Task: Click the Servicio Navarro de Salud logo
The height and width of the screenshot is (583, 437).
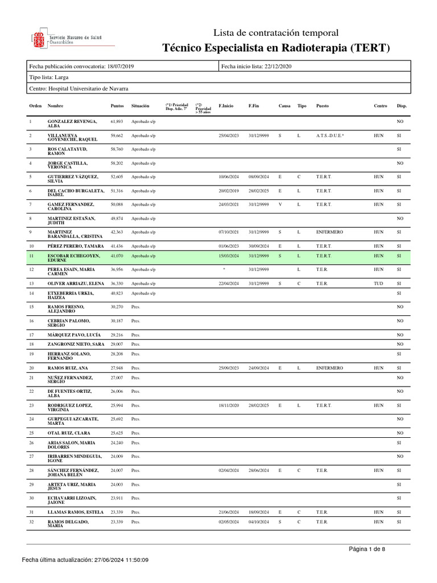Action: (x=71, y=39)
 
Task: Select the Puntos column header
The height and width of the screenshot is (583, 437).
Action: (x=116, y=106)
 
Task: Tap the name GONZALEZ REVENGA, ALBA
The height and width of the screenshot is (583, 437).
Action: (x=72, y=124)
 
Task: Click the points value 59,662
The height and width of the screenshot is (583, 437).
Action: (x=116, y=136)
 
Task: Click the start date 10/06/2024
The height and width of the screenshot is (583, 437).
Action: (x=229, y=177)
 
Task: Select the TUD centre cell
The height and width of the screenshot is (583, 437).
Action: (x=378, y=284)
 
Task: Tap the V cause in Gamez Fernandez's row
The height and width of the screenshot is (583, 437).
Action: (x=280, y=204)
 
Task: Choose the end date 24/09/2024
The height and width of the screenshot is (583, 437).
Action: (x=259, y=368)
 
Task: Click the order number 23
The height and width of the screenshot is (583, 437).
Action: (x=32, y=405)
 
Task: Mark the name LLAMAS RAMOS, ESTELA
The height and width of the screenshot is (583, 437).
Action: (x=76, y=512)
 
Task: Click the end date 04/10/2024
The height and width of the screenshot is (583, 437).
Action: (x=259, y=522)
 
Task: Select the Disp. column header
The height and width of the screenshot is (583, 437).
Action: (x=402, y=106)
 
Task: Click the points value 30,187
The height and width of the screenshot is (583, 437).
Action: (x=116, y=321)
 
